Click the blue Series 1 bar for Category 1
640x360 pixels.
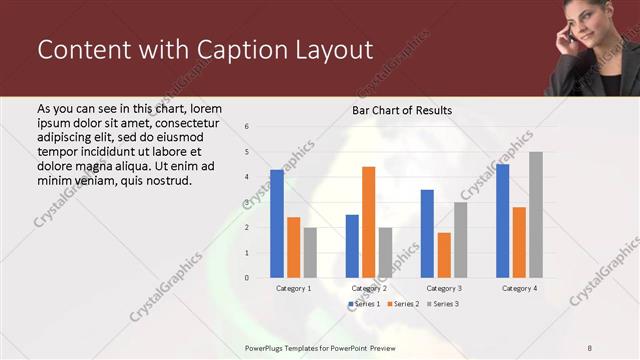coord(277,223)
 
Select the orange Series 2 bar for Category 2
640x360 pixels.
coord(368,222)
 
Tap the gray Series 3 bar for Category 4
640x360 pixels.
coord(536,215)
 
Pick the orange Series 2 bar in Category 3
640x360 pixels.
coord(444,255)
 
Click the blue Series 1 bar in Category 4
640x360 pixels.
coord(502,221)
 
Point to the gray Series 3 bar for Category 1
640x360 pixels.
coord(311,252)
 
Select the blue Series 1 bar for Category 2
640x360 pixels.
coord(352,246)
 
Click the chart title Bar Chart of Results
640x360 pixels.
coord(402,110)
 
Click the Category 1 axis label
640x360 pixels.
coord(294,288)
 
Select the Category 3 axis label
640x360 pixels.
coord(443,288)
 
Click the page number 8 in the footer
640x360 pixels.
coord(590,347)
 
